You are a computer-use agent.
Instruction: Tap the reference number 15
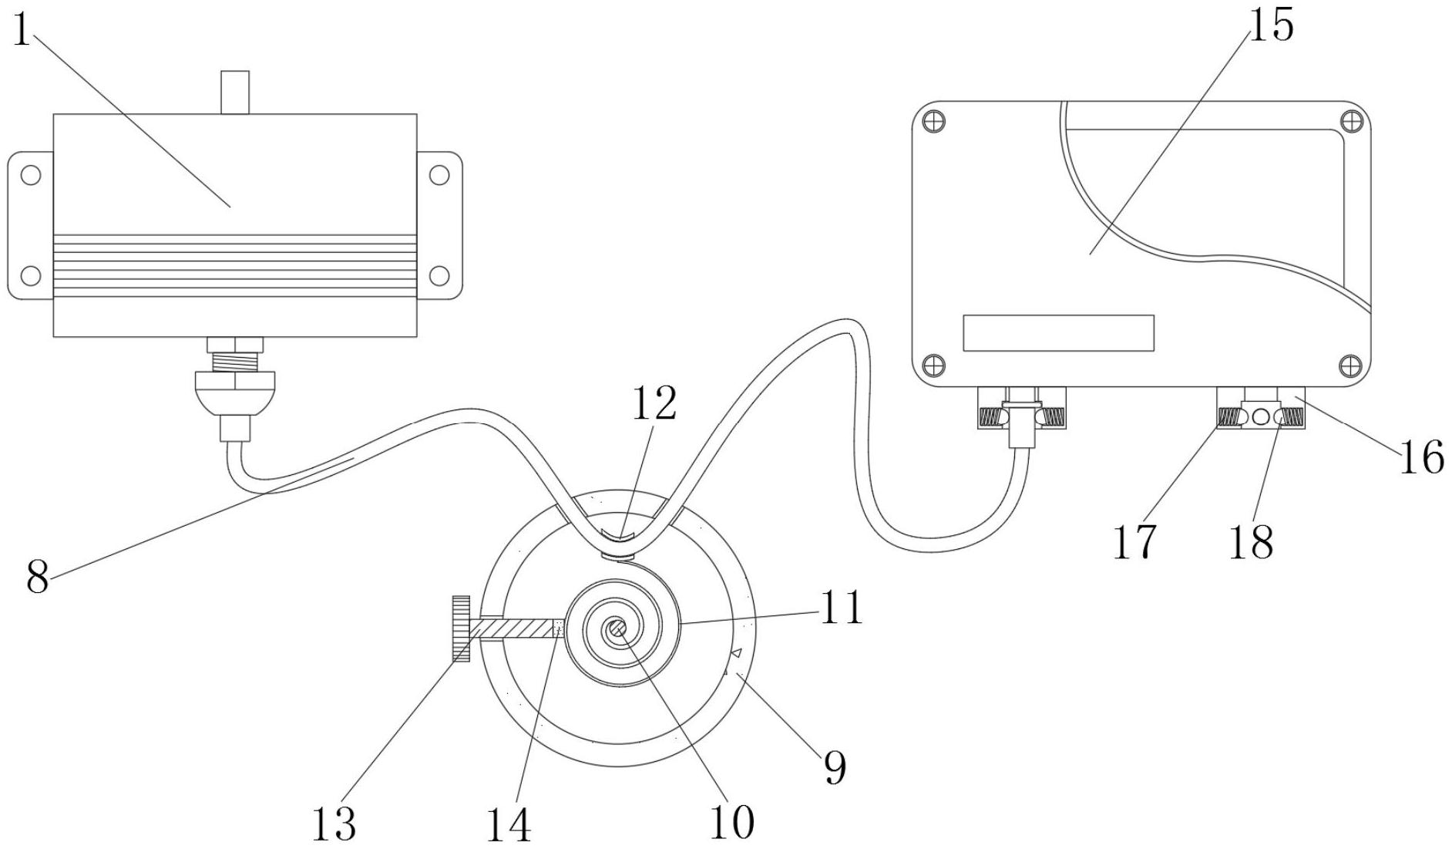[1270, 25]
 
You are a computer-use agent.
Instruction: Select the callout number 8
[37, 576]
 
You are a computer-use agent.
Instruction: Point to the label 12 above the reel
[654, 403]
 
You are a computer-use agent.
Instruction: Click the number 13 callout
[334, 824]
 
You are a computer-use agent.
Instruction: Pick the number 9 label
[834, 767]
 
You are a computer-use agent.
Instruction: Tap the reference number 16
[1421, 458]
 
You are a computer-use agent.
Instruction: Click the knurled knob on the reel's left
[462, 628]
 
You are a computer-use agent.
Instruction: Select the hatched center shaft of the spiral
[617, 630]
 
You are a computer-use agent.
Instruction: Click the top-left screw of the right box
[933, 121]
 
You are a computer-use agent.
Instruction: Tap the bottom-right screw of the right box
[1351, 365]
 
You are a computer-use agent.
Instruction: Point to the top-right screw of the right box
[1352, 120]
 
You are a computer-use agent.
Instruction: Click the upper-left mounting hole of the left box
[31, 175]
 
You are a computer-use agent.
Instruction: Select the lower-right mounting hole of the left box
[439, 275]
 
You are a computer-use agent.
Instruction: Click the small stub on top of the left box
[235, 92]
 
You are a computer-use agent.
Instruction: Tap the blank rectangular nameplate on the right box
[1057, 332]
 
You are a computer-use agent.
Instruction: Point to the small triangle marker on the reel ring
[736, 654]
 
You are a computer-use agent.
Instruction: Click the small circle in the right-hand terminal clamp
[1260, 417]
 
